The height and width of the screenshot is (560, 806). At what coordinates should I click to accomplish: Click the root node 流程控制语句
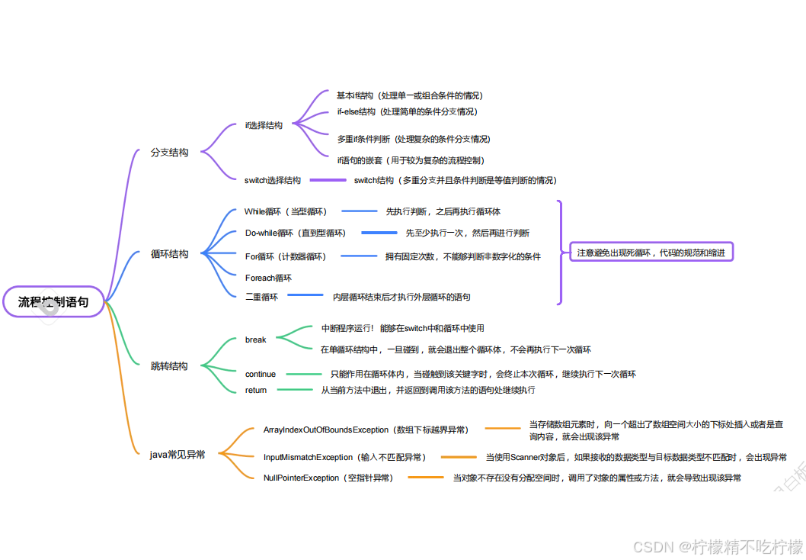[x=53, y=301]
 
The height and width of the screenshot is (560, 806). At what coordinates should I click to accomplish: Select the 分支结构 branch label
[x=169, y=153]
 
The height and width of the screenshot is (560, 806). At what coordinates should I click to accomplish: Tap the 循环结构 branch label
[x=169, y=254]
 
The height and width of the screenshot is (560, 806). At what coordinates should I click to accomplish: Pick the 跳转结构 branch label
[x=169, y=366]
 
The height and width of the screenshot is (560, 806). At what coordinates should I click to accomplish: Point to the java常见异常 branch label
[x=178, y=455]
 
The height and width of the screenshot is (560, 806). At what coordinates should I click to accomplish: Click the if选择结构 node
[x=264, y=125]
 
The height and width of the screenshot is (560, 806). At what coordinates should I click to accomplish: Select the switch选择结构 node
[x=273, y=181]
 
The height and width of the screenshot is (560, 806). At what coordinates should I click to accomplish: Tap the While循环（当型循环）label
[x=286, y=211]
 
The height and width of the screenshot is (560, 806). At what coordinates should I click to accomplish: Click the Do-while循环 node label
[x=295, y=233]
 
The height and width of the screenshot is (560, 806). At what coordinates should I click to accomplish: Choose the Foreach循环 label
[x=268, y=278]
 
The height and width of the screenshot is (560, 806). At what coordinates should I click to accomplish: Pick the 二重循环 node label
[x=261, y=297]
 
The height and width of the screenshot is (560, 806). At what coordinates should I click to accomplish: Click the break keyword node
[x=255, y=340]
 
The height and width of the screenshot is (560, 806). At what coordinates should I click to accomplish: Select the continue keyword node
[x=261, y=375]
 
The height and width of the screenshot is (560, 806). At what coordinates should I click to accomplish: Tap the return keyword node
[x=256, y=390]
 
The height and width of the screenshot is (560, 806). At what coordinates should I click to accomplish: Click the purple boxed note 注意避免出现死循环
[x=651, y=253]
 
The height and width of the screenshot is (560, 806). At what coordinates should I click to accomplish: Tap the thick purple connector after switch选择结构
[x=328, y=181]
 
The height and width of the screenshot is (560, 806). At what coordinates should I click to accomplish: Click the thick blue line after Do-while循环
[x=379, y=233]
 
